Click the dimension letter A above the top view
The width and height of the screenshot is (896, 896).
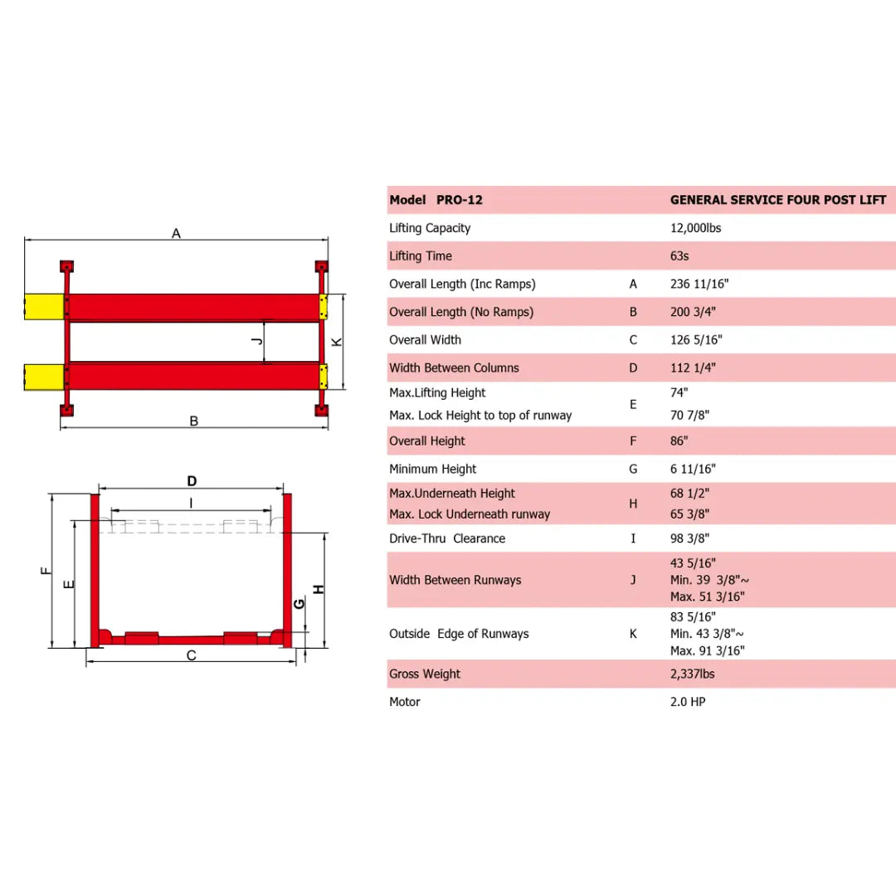tap(176, 233)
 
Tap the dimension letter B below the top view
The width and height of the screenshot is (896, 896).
tap(194, 421)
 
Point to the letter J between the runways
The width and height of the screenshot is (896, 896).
tap(257, 341)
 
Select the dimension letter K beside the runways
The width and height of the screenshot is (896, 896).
tap(337, 342)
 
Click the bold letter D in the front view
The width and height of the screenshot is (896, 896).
tap(192, 481)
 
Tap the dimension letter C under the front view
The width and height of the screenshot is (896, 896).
tap(191, 655)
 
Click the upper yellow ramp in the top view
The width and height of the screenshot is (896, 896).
tap(43, 306)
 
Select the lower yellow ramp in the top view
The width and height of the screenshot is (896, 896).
tap(43, 376)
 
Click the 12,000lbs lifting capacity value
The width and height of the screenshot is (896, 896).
tap(695, 228)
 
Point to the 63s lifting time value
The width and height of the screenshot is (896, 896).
tap(679, 256)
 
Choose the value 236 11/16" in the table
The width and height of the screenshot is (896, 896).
tap(699, 284)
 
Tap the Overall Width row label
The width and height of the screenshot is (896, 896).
tap(425, 340)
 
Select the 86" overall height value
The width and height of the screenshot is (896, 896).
tap(679, 441)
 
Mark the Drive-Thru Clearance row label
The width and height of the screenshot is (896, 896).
tap(447, 538)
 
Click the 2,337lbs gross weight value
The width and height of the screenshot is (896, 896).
tap(692, 674)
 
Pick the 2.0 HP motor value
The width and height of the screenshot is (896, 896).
tap(688, 702)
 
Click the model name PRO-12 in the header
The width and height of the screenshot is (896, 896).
tap(459, 200)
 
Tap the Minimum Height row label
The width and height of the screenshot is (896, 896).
tap(433, 469)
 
